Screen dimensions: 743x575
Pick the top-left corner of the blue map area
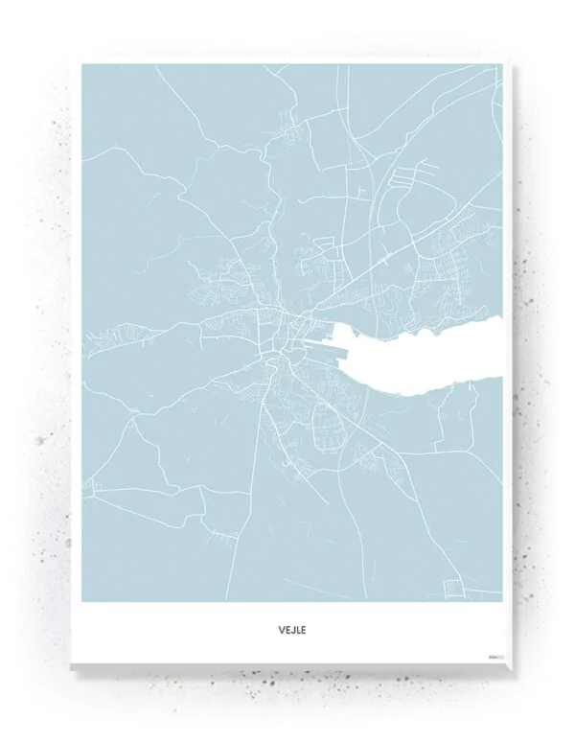(x=82, y=65)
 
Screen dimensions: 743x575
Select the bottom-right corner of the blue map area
(x=501, y=601)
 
